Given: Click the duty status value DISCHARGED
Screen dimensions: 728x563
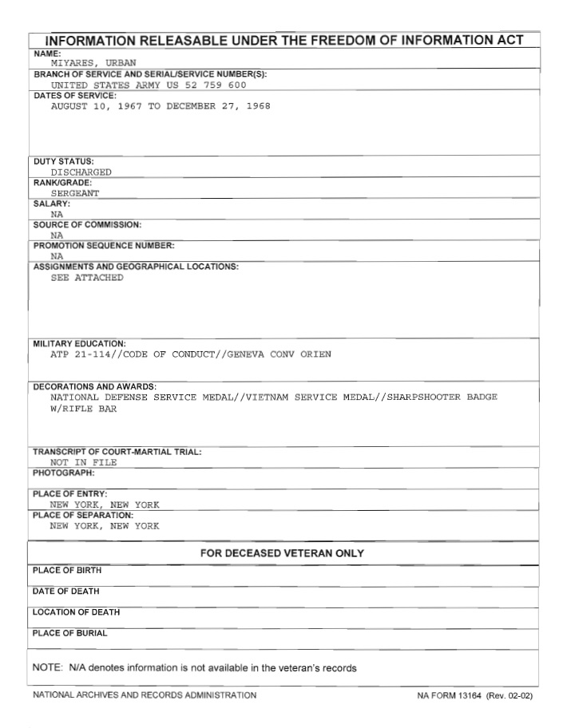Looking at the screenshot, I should click(81, 172).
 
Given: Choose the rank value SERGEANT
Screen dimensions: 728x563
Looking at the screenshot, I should click(75, 193).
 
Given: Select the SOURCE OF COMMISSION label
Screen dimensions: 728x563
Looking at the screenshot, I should click(87, 224).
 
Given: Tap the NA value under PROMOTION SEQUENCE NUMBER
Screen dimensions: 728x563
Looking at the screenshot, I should click(57, 256).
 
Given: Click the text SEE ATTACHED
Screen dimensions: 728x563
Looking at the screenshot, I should click(87, 278).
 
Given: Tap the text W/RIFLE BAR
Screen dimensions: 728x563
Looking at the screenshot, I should click(83, 409).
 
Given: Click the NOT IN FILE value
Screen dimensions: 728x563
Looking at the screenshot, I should click(83, 462).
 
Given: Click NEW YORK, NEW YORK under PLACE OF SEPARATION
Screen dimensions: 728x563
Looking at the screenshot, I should click(105, 526).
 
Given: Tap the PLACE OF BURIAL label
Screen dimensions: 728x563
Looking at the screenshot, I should click(69, 633).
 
